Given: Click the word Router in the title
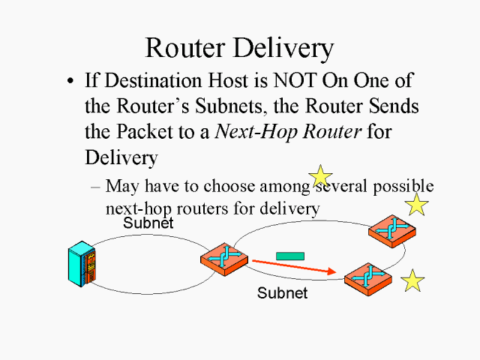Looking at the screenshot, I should [189, 47].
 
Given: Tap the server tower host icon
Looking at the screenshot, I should [83, 265].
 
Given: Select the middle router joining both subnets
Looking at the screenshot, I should [223, 259].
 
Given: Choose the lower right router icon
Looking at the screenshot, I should [367, 278].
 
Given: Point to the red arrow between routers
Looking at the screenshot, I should [292, 267].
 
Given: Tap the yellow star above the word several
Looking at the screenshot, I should [320, 176].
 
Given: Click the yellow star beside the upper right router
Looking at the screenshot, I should [416, 205].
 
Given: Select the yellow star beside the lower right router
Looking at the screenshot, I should [412, 281].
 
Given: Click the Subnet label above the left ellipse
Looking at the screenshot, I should [148, 223].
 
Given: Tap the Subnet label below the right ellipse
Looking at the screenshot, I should [282, 293].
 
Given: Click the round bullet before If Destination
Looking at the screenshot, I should [70, 81].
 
